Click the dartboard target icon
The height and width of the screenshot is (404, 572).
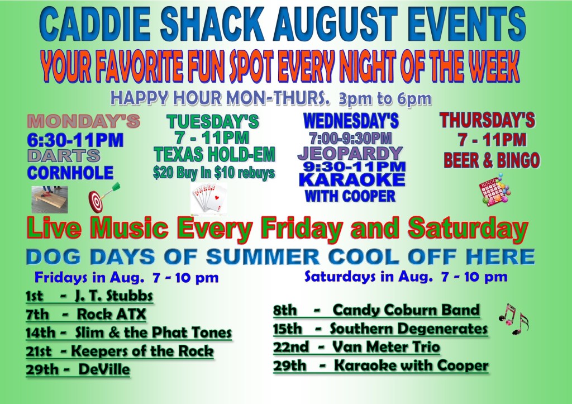(x=104, y=198)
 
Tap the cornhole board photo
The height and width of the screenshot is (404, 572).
(x=50, y=199)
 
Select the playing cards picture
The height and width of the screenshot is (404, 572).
(x=209, y=198)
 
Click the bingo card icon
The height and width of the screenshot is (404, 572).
(x=495, y=190)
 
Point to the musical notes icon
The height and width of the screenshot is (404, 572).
(x=513, y=319)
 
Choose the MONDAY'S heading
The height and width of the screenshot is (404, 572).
(x=84, y=121)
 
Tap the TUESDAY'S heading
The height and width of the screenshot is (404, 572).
(x=213, y=121)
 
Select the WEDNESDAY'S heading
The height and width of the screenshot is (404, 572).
(x=351, y=121)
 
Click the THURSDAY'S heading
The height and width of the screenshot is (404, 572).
(x=487, y=121)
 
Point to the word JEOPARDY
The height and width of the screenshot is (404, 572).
(x=350, y=153)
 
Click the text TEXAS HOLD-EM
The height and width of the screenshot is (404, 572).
(x=214, y=154)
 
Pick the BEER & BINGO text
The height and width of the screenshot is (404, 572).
(x=492, y=160)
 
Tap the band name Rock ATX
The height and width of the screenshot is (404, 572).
(x=111, y=314)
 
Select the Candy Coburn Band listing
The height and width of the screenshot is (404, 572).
(x=406, y=310)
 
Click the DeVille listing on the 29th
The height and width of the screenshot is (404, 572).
(x=104, y=369)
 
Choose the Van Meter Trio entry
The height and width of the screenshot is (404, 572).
(x=386, y=346)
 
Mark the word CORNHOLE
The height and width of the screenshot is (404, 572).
(x=70, y=173)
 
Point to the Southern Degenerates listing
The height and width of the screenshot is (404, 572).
(x=408, y=329)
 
